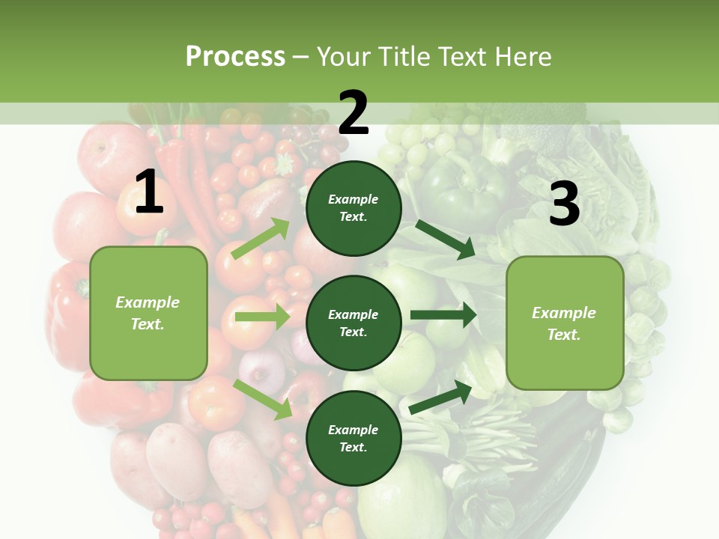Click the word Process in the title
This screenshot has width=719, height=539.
[x=235, y=57]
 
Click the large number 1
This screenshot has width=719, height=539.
[x=149, y=192]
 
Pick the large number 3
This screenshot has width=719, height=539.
[x=564, y=204]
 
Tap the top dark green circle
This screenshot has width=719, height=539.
[x=354, y=207]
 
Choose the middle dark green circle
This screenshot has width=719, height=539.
[x=354, y=323]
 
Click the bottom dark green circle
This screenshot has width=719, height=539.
[x=354, y=438]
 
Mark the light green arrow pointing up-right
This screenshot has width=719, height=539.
[x=261, y=239]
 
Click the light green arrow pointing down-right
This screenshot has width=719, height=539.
[x=262, y=398]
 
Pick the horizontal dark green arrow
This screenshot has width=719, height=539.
[x=443, y=315]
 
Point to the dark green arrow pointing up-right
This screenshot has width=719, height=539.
[x=442, y=398]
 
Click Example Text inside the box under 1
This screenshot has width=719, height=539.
[x=148, y=313]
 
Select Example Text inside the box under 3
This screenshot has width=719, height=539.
[x=564, y=323]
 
